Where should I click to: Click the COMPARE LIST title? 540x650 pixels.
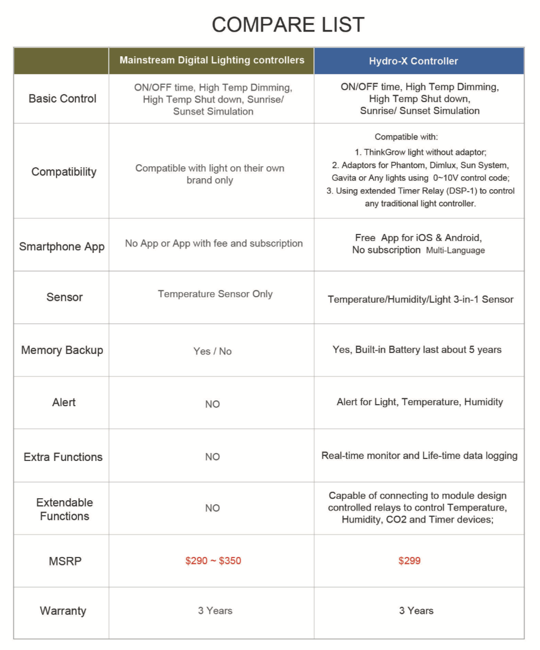pyautogui.click(x=288, y=25)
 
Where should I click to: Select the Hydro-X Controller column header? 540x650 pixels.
pyautogui.click(x=413, y=61)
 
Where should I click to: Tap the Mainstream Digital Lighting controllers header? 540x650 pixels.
pyautogui.click(x=212, y=60)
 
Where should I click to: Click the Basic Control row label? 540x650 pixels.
pyautogui.click(x=62, y=99)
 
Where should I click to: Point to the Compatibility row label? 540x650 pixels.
pyautogui.click(x=64, y=172)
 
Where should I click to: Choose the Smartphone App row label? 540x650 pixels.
pyautogui.click(x=62, y=246)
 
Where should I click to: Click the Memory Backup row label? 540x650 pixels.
pyautogui.click(x=62, y=350)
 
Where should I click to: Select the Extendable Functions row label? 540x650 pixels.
pyautogui.click(x=64, y=509)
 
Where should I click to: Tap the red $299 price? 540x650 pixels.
pyautogui.click(x=409, y=561)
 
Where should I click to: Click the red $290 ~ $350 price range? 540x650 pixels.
pyautogui.click(x=213, y=561)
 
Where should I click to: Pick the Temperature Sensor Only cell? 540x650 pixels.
pyautogui.click(x=215, y=294)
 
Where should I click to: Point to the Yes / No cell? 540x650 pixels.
pyautogui.click(x=212, y=351)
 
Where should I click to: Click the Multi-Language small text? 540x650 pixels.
pyautogui.click(x=455, y=250)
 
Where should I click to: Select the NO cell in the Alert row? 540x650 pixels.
pyautogui.click(x=212, y=404)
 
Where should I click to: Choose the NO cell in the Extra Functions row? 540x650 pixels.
pyautogui.click(x=212, y=457)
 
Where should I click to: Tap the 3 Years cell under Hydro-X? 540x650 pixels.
pyautogui.click(x=416, y=611)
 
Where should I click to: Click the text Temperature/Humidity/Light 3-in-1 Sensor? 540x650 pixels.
pyautogui.click(x=420, y=299)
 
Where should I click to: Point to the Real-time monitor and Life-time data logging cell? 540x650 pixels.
pyautogui.click(x=419, y=455)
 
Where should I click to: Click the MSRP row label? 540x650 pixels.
pyautogui.click(x=65, y=561)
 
